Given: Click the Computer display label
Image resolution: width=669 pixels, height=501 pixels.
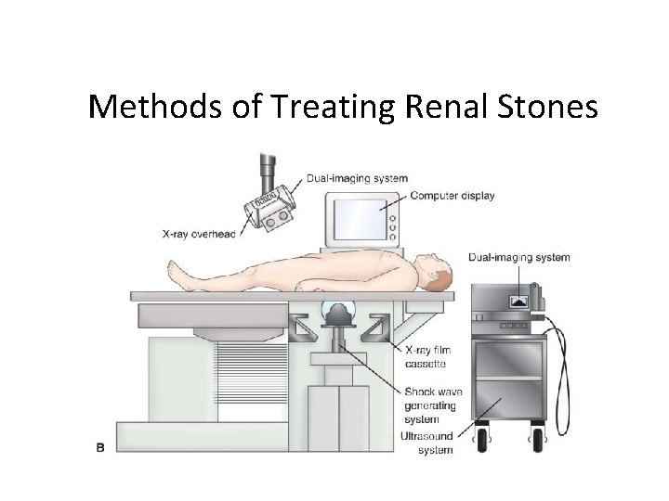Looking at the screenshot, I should pos(452,196).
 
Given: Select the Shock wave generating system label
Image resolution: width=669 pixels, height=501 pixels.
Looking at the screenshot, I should pos(432,405).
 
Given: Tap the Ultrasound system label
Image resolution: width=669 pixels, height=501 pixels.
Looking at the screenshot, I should pos(428,443).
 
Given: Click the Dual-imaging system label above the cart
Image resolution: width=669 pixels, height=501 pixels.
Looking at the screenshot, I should pos(519,257).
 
